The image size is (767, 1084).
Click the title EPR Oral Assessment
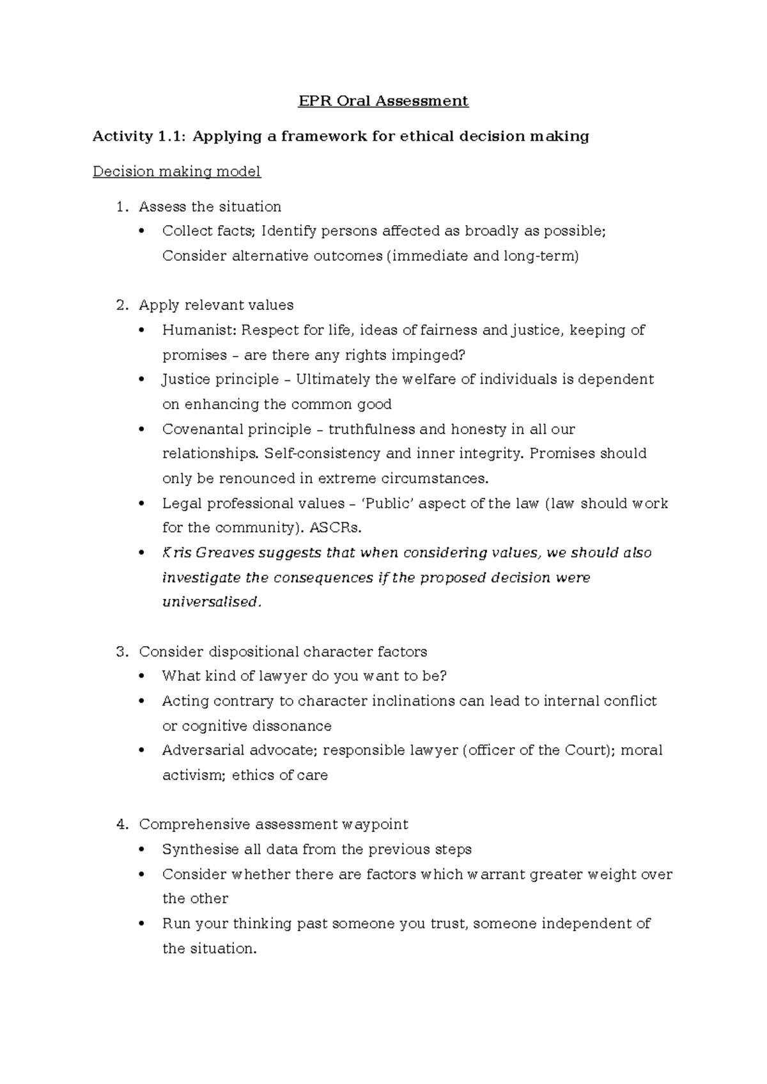tap(383, 101)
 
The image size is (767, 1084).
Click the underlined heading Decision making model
tap(176, 172)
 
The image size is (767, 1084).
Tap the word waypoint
tap(375, 825)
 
